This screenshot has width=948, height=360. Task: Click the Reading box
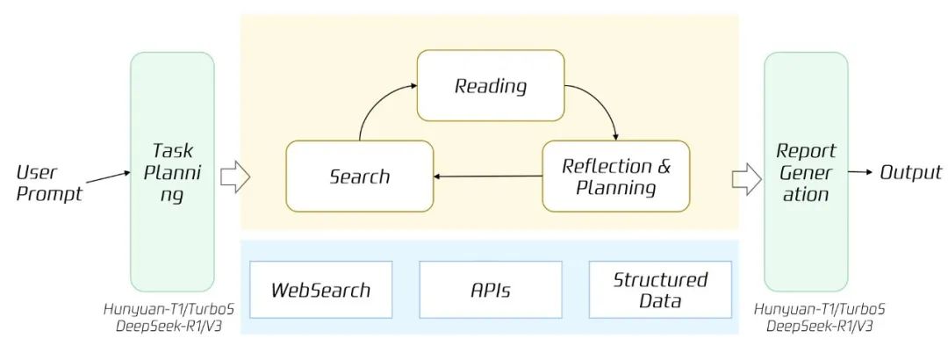click(x=491, y=85)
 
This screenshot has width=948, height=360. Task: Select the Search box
click(x=360, y=176)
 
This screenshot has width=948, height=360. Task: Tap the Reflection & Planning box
click(x=616, y=176)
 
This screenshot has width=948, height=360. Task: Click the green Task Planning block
click(x=172, y=172)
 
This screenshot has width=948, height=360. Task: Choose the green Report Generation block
click(x=806, y=172)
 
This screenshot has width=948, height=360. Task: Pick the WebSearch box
click(x=321, y=290)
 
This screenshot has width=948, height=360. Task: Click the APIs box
click(x=491, y=290)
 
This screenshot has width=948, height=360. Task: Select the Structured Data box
click(x=660, y=290)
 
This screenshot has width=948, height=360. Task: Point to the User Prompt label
click(x=48, y=184)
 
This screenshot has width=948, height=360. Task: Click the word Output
click(x=910, y=172)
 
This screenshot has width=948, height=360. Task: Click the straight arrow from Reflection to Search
click(x=488, y=176)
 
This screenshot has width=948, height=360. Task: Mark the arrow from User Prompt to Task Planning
click(x=108, y=177)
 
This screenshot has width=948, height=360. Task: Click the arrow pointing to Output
click(x=861, y=172)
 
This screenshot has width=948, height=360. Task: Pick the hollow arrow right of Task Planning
click(x=234, y=176)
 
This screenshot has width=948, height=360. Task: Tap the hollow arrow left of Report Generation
click(x=747, y=178)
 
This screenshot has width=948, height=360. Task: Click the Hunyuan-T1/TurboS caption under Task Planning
click(x=169, y=310)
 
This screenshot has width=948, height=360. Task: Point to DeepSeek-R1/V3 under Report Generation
click(x=820, y=326)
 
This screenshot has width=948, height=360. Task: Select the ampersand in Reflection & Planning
click(x=663, y=166)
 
